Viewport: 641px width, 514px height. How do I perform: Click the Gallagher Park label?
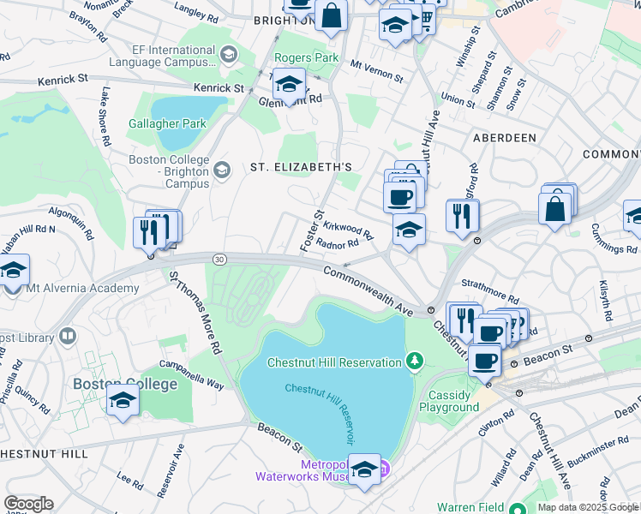tap(168, 123)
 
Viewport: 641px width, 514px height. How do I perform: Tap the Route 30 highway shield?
tap(220, 259)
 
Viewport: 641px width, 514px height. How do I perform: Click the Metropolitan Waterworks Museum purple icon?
tap(384, 469)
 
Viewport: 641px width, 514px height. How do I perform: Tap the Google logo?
tap(28, 504)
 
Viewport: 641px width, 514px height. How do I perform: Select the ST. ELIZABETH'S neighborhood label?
tap(301, 166)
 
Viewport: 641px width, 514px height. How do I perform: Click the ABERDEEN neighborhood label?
tap(504, 137)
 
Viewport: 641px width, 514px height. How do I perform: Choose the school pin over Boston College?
tap(123, 400)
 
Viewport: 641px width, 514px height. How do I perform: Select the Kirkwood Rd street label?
tap(350, 229)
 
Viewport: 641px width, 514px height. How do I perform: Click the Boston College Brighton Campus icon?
tap(222, 170)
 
